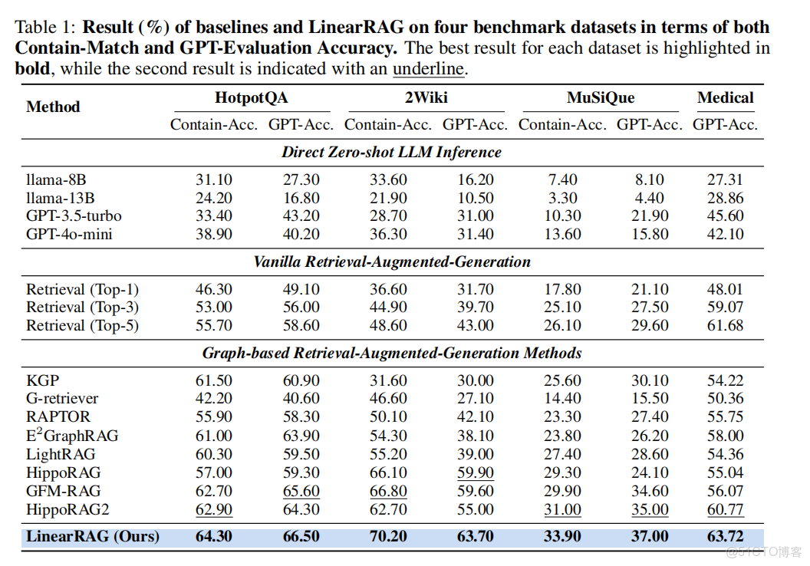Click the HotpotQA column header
coord(252,97)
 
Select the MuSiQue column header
coord(601,97)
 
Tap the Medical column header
coord(725,97)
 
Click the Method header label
coord(53,107)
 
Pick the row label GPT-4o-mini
coord(69,235)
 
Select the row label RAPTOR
coord(58,417)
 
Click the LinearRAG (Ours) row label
coord(93,536)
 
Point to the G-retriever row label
coord(62,399)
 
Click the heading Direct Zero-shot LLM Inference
coord(391,152)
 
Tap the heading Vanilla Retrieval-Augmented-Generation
coord(391,262)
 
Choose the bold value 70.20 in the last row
coord(387,536)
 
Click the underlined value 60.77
coord(725,509)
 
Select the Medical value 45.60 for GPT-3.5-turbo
coord(725,216)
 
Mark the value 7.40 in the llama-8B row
coord(562,179)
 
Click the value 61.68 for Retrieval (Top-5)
coord(725,326)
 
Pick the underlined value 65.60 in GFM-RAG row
coord(301,491)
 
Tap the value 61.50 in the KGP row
coord(214,381)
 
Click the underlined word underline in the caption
coord(428,68)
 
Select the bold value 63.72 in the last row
coord(725,536)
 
